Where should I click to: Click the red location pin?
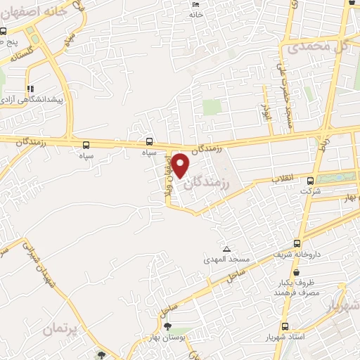181,165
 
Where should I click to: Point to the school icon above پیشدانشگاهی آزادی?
30,89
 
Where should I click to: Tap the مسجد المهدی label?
226,260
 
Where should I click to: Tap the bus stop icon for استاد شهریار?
285,326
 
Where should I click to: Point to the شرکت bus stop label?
309,191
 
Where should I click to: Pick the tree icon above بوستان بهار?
167,326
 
